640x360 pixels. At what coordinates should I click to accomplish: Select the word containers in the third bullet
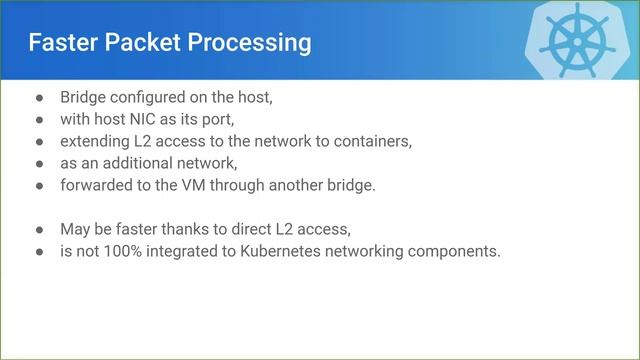click(371, 141)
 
